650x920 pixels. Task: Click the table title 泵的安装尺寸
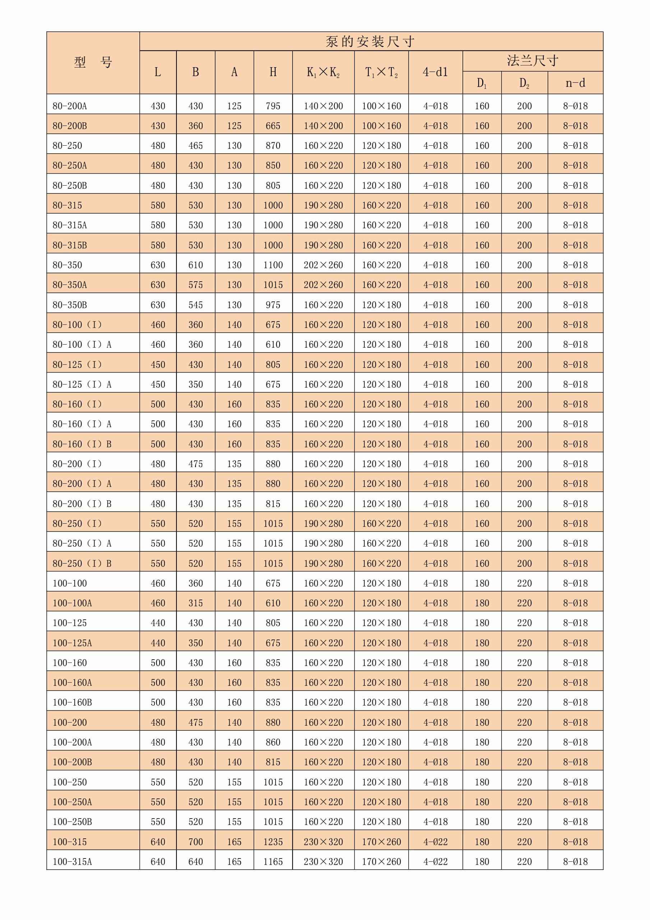370,42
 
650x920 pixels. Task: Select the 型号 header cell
93,63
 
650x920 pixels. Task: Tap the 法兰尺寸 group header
533,61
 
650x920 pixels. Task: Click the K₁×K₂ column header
323,73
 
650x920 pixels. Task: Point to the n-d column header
575,83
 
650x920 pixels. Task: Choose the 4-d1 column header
435,73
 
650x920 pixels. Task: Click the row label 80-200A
70,106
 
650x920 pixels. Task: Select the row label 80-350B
70,305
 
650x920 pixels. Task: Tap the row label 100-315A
72,861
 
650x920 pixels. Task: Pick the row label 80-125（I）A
82,385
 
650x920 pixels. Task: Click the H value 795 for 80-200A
273,106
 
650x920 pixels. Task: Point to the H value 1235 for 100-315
273,842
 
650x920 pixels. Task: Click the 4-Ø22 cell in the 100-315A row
435,861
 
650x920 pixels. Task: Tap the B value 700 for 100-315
196,842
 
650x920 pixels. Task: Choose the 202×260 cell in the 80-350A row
323,285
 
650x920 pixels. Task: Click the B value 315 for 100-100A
196,603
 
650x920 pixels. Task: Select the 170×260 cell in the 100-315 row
382,842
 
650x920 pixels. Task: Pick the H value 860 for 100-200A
273,742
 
